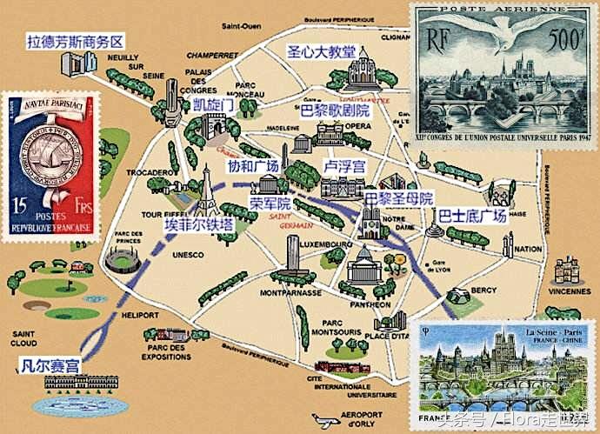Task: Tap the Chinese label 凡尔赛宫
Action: [50, 365]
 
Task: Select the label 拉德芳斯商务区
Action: [77, 41]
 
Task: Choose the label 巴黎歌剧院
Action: [335, 111]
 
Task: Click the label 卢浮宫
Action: [344, 165]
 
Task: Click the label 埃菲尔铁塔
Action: [199, 224]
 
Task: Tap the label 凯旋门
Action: [213, 104]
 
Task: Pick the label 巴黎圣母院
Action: [398, 198]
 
